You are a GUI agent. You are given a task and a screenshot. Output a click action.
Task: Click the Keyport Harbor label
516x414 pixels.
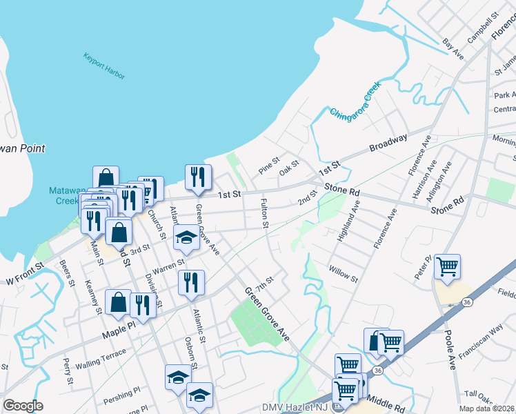[104, 66]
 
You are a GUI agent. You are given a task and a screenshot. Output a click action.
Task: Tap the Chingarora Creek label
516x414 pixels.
[355, 103]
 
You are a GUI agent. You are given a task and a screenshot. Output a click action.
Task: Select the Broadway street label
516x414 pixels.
[388, 144]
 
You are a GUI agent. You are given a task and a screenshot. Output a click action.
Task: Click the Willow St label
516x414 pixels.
[343, 274]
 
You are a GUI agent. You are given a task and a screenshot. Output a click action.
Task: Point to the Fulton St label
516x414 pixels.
[264, 214]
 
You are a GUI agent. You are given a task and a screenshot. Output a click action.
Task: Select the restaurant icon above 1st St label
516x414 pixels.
[197, 177]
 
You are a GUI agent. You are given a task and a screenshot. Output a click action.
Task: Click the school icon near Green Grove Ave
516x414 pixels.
[186, 237]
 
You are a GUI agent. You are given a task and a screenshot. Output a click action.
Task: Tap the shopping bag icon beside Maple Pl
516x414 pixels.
[118, 302]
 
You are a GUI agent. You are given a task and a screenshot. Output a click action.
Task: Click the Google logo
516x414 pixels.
[23, 406]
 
